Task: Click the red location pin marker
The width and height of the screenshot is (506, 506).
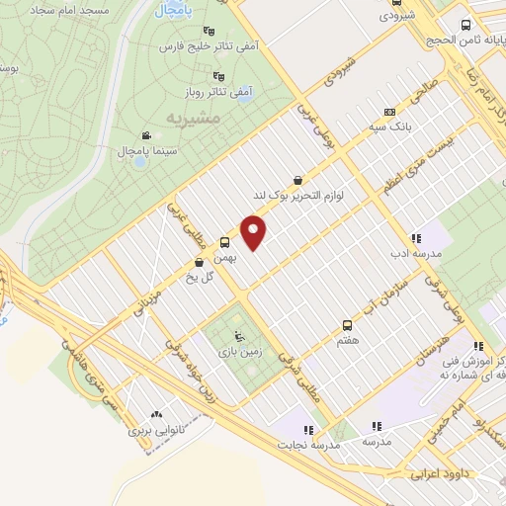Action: (x=254, y=231)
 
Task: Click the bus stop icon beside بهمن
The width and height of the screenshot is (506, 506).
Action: (x=225, y=242)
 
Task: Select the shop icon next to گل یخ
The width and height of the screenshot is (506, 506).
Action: (x=201, y=262)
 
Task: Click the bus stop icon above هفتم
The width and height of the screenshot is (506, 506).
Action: (x=347, y=324)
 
